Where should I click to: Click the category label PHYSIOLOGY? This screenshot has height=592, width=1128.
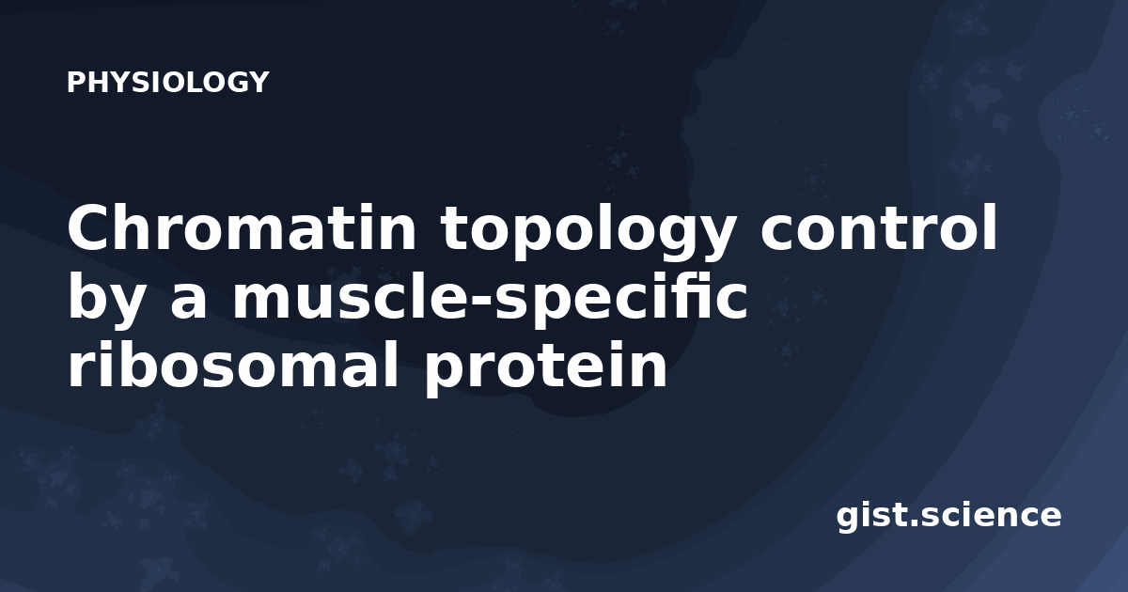tap(167, 82)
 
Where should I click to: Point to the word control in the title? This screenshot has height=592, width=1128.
tap(879, 226)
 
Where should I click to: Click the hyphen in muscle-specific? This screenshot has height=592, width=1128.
tap(478, 301)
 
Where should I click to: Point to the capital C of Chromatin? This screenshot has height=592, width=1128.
tap(86, 227)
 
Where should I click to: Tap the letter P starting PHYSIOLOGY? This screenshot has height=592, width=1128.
tap(76, 82)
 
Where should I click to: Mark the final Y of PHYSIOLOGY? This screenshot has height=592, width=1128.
tap(258, 82)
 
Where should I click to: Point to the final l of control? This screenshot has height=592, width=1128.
tap(991, 226)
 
